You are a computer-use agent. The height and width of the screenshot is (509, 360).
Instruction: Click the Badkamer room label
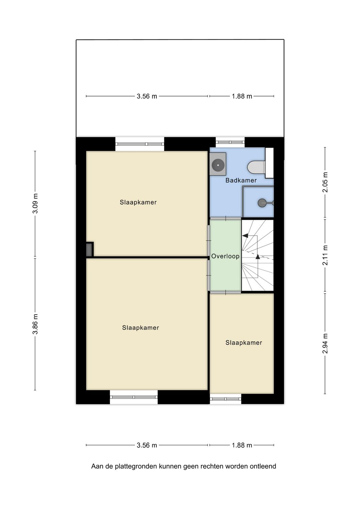pos(241,180)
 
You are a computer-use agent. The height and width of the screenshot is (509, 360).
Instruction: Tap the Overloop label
pos(225,256)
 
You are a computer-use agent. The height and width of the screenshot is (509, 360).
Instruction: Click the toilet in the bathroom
pos(256,167)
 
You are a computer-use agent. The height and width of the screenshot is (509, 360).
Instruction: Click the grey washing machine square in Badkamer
pos(218,164)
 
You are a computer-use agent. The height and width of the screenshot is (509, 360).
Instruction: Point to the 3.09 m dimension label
pos(35,203)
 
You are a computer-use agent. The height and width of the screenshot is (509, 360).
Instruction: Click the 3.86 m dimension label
pos(35,324)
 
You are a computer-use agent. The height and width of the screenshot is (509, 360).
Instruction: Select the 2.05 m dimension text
pos(325,182)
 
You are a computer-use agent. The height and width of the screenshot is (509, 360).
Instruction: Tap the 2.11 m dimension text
pos(325,255)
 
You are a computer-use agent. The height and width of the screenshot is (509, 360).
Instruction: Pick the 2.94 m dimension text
pos(325,344)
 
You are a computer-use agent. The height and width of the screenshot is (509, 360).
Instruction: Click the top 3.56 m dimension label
pos(147,96)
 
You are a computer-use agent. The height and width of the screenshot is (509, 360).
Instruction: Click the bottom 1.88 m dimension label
pos(242,445)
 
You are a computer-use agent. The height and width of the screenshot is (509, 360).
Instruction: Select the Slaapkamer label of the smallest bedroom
pos(244,343)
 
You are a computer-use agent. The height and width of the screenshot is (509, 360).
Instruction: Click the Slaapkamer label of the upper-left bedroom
pos(138,202)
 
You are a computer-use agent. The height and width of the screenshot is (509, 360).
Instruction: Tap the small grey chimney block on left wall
pos(89,250)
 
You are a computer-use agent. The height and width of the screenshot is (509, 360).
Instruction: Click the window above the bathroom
pos(230,142)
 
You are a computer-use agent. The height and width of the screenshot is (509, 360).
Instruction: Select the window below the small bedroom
pos(225,399)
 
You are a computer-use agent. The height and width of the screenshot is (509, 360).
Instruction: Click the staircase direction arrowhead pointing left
pos(245,235)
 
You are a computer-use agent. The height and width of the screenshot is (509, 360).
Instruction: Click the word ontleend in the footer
pos(263,466)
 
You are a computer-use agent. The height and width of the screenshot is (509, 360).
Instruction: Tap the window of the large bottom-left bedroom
pos(134,397)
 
